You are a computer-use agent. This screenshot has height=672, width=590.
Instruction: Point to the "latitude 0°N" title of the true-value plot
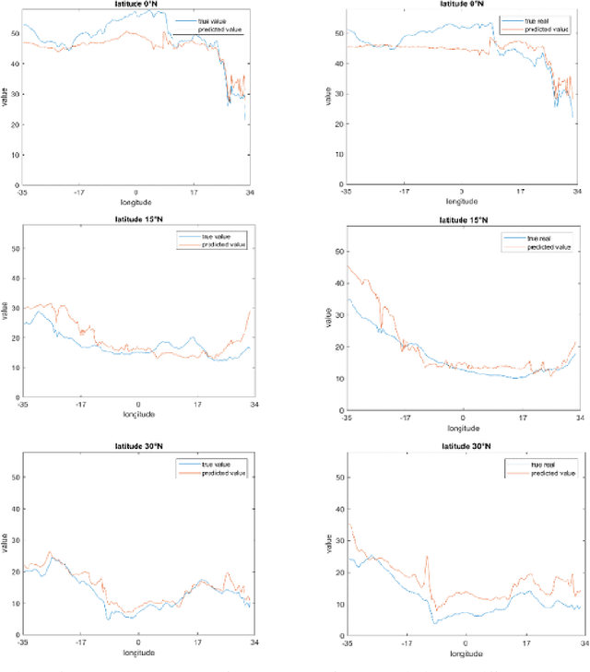pyautogui.click(x=137, y=4)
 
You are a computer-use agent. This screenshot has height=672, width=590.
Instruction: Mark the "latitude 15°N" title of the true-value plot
pyautogui.click(x=138, y=219)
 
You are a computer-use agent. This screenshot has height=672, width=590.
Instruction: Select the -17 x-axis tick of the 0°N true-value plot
pyautogui.click(x=80, y=193)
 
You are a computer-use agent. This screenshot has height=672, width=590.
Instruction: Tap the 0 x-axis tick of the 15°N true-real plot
pyautogui.click(x=464, y=418)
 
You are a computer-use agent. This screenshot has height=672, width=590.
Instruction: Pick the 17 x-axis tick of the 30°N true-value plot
pyautogui.click(x=195, y=642)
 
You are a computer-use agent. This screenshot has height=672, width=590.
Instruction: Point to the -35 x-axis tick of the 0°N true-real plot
pyautogui.click(x=346, y=192)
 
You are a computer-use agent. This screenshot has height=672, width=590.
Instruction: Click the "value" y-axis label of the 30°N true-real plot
pyautogui.click(x=329, y=544)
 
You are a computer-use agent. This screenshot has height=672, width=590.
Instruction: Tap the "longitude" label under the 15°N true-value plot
pyautogui.click(x=139, y=414)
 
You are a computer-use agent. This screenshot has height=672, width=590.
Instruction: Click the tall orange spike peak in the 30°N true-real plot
pyautogui.click(x=427, y=557)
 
